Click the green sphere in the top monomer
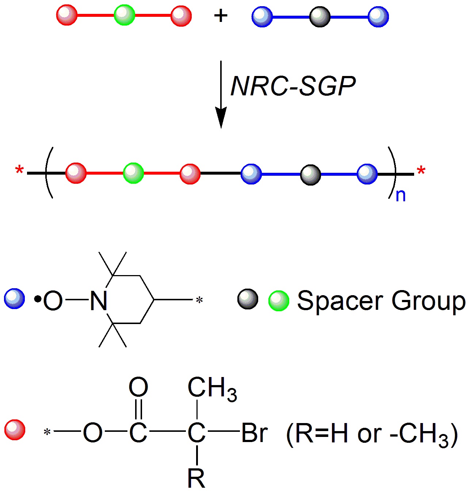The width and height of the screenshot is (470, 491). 124,15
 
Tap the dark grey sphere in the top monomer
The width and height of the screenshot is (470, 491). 320,17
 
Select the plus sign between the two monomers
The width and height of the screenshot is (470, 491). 221,16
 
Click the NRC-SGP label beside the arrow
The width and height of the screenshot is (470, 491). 293,87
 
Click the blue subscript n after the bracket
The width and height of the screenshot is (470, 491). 401,196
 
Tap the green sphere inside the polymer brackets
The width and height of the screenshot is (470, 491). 133,173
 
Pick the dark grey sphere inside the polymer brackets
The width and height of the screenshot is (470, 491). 310,175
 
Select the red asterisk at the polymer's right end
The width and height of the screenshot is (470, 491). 421,171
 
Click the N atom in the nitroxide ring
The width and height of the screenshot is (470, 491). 98,301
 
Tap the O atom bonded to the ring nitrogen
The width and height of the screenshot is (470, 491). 53,301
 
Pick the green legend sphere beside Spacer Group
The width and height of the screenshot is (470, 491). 279,301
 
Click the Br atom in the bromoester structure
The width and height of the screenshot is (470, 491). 255,433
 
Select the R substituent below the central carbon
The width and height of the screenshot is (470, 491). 196,478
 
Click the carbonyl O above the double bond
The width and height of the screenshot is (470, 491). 138,387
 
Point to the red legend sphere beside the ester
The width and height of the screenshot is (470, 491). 15,430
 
